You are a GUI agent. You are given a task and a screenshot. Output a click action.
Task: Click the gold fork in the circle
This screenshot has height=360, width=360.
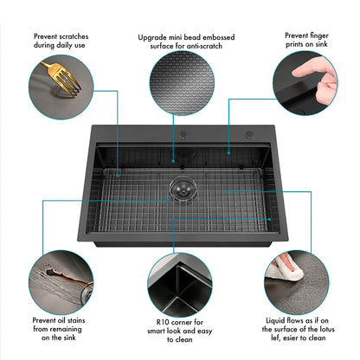[x=62, y=78]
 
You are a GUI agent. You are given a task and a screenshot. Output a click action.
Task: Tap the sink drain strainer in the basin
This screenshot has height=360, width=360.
[x=183, y=190]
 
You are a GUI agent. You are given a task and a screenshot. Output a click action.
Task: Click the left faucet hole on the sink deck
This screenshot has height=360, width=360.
[x=183, y=135]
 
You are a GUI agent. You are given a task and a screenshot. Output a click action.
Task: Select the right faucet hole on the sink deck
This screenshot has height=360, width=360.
[x=249, y=135]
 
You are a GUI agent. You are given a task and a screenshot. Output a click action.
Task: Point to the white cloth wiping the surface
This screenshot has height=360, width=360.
[x=284, y=268]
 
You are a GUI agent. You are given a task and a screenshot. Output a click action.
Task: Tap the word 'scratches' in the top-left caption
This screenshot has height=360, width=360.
[x=74, y=36]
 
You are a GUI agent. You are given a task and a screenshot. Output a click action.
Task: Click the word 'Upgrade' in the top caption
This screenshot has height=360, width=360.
[x=152, y=38]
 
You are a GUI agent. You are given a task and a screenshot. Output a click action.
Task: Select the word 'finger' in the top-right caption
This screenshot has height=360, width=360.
[x=318, y=35]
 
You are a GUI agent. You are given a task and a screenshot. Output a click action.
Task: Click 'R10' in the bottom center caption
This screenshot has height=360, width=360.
[x=163, y=322]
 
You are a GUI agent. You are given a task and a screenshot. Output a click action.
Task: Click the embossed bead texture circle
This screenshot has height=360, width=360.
[x=182, y=83]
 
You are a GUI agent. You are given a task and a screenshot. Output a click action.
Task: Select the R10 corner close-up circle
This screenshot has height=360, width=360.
[x=180, y=286]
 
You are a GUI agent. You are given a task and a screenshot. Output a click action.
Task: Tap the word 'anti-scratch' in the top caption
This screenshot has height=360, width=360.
[x=204, y=46]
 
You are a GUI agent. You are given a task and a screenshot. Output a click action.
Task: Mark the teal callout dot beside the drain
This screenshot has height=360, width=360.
[x=168, y=201]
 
